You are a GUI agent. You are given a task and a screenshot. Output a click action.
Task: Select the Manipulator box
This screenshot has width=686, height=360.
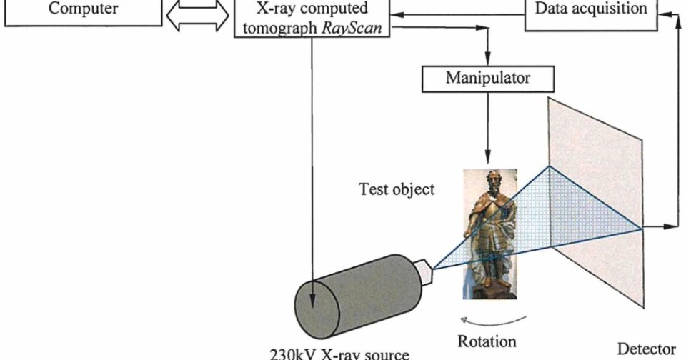tap(488, 77)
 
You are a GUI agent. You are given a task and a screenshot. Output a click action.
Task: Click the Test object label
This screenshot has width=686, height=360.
tap(397, 190)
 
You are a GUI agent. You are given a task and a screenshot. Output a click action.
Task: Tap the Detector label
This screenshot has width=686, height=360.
tap(645, 349)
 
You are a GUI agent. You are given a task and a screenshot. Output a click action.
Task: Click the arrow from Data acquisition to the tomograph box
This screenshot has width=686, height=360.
tap(457, 13)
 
